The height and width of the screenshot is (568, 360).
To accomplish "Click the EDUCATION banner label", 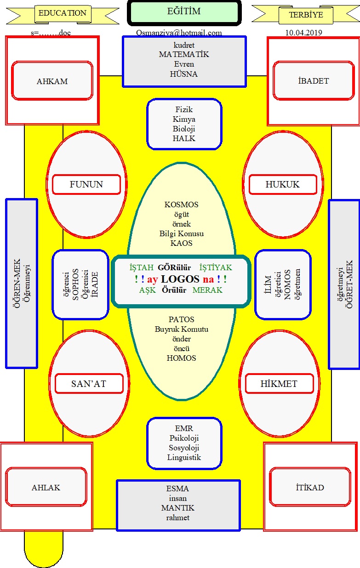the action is click(63, 13).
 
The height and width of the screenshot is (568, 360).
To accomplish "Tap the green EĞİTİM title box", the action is click(184, 13).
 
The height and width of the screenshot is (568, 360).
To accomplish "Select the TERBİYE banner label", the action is click(306, 15).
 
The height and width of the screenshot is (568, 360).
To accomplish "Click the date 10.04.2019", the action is click(304, 33).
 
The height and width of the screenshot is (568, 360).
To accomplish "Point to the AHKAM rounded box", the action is click(52, 80).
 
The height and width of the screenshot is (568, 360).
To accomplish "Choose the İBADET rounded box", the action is click(314, 80).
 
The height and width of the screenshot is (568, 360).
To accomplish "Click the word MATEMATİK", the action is click(184, 54).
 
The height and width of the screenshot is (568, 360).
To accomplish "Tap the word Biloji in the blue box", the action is click(184, 129).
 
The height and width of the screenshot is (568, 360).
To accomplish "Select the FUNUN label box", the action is click(86, 184).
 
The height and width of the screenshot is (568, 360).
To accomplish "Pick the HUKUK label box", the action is click(283, 184).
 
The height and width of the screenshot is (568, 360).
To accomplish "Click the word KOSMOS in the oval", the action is click(182, 204).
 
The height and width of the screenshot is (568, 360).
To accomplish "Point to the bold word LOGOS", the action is click(180, 279).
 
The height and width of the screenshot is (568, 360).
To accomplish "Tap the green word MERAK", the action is click(207, 290).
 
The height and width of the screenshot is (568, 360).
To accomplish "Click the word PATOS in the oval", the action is click(182, 319).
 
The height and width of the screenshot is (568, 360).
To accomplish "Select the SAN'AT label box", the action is click(89, 384).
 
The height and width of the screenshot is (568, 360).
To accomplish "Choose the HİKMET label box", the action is click(280, 384).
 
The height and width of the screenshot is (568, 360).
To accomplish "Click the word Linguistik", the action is click(184, 457).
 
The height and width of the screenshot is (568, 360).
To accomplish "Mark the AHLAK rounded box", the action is click(46, 488).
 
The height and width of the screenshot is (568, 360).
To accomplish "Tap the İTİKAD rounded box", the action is click(310, 488).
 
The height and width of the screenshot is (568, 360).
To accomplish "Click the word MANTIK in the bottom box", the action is click(177, 508).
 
